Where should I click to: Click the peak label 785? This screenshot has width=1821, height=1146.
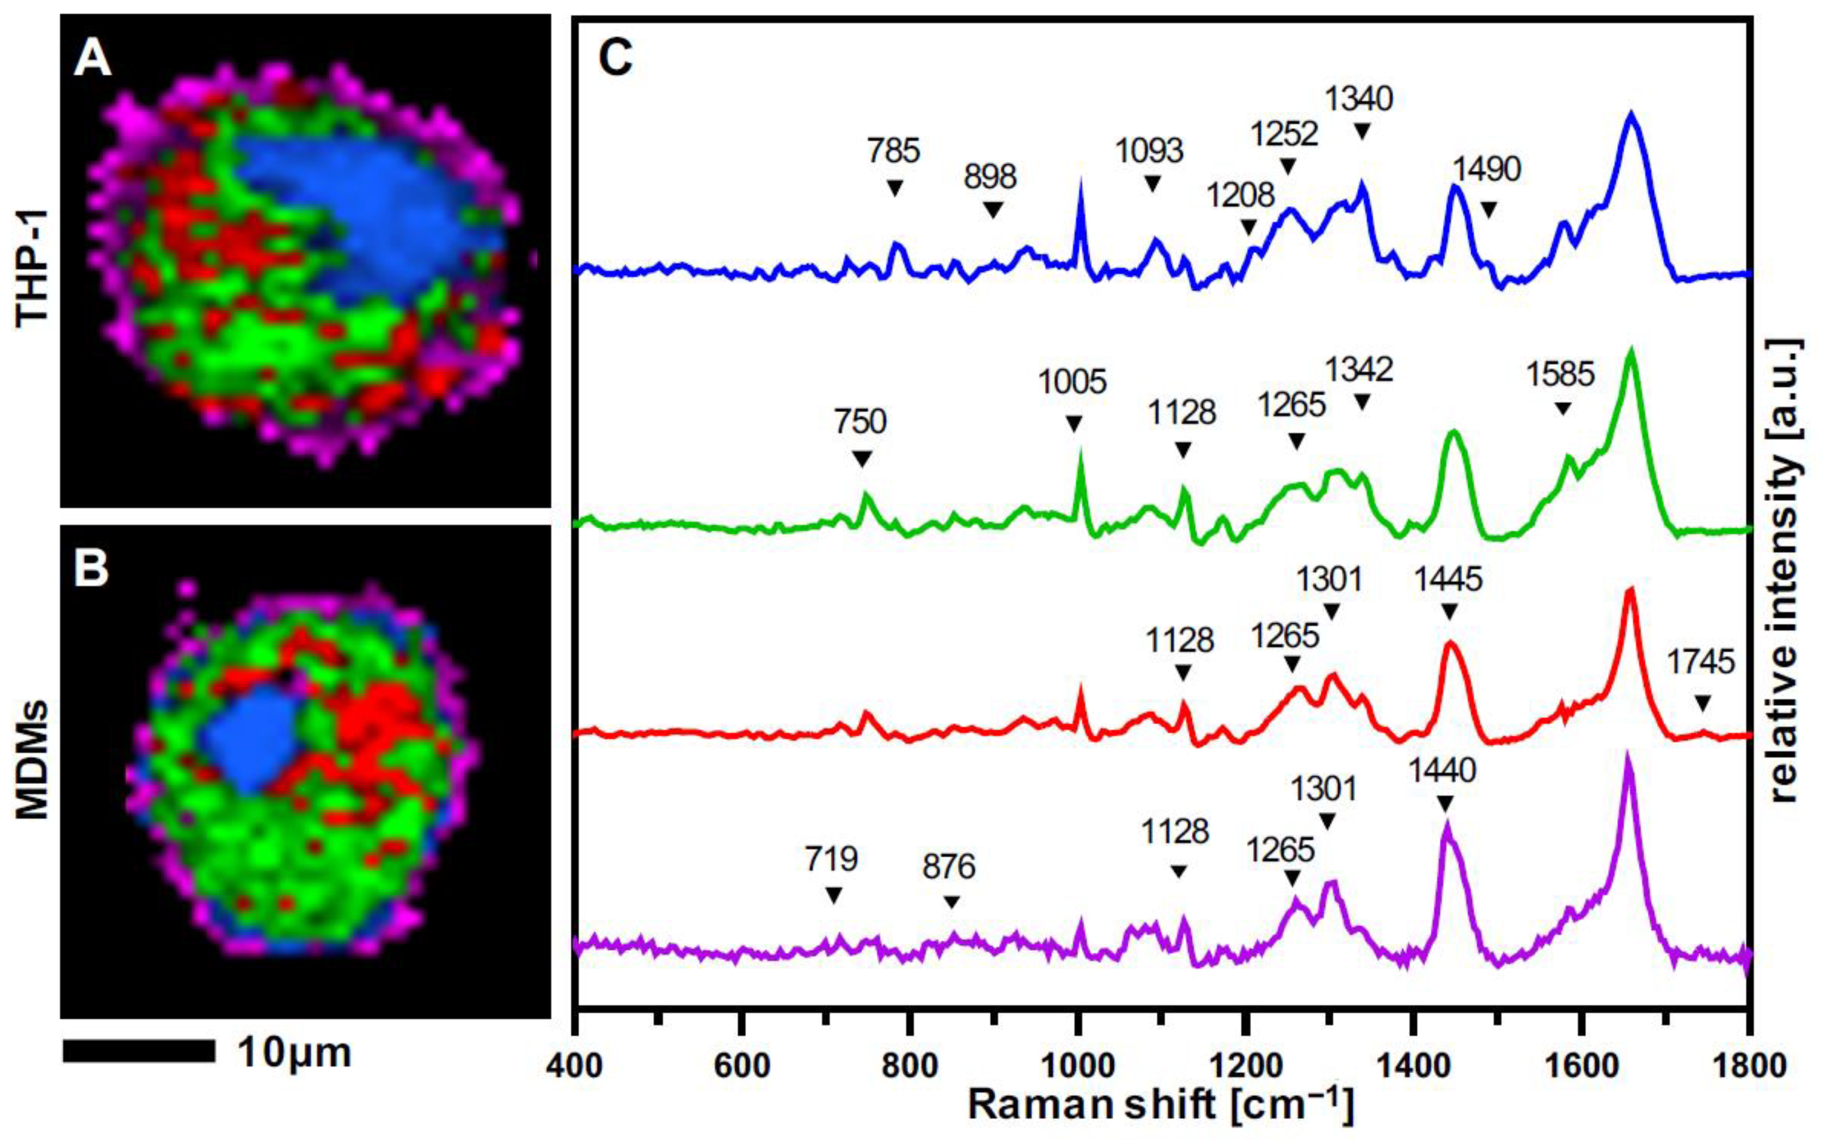894,151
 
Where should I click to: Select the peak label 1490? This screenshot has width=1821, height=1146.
1487,170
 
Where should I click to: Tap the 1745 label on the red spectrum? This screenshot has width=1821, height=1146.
1701,663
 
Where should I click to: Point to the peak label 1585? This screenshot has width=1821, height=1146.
1560,374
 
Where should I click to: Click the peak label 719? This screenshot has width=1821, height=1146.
832,860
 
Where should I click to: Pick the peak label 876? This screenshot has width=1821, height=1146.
949,867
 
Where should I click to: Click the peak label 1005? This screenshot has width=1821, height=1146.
1072,383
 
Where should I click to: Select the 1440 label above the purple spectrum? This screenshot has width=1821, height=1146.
1442,771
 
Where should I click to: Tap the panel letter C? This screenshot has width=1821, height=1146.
615,57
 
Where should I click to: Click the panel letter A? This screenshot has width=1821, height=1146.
92,58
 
